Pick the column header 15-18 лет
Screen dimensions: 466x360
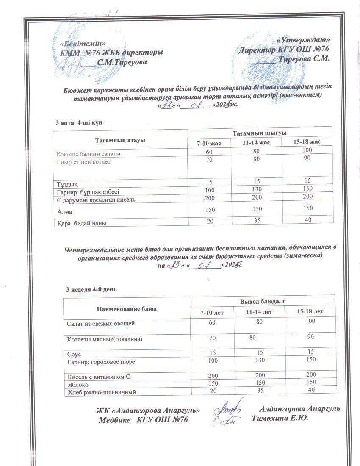310,312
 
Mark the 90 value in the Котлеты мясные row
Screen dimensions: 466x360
310,337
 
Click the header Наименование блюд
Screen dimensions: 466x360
126,308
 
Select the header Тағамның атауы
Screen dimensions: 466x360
120,140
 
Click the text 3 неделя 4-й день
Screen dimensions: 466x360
91,290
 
